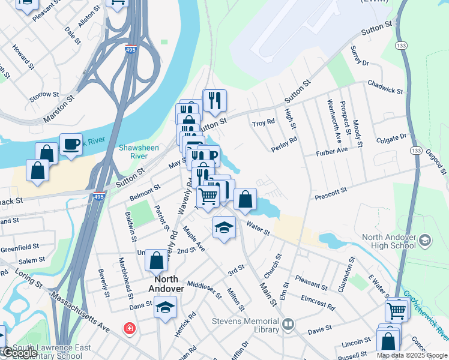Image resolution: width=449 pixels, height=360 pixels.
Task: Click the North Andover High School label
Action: coord(388,241)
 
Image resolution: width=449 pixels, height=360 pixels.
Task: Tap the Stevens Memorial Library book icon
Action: coord(289,325)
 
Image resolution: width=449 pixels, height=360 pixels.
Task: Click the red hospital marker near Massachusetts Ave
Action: coord(128,328)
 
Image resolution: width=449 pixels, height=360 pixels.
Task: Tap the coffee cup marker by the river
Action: coord(71,145)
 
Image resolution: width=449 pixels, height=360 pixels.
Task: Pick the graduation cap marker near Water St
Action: coord(224,227)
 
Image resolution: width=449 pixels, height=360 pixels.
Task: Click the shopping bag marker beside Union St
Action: coord(156,260)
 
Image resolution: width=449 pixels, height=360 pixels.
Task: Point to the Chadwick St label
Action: coord(385,86)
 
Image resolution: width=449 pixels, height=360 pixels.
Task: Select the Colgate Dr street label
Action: coord(391,139)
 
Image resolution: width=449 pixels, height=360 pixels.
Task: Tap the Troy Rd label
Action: coord(264,122)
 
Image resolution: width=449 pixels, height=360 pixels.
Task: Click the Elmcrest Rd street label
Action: coord(318,301)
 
